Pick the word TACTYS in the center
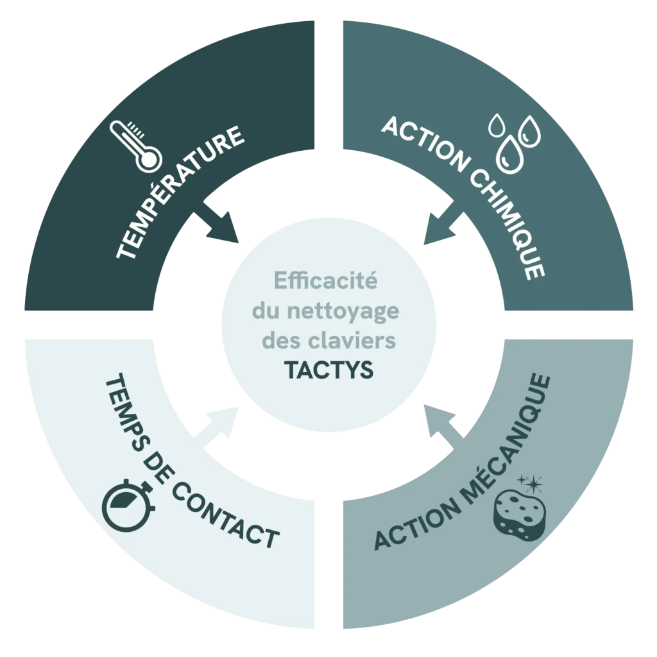[x=328, y=370]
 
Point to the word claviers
[x=363, y=341]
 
